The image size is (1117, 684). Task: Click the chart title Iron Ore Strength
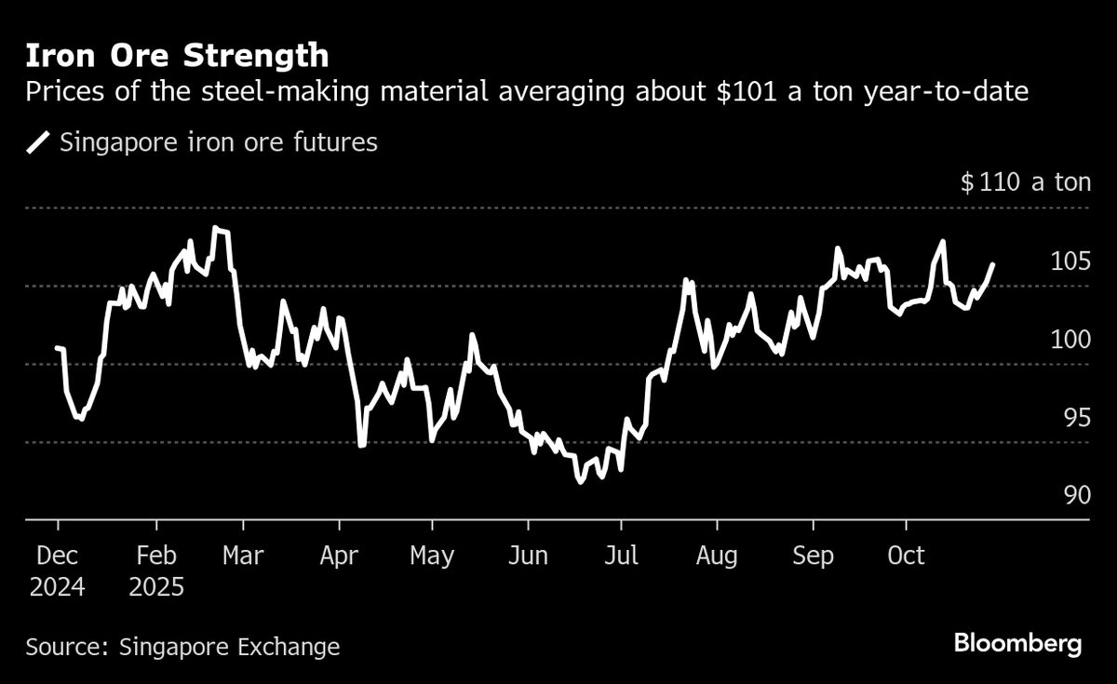coord(177,56)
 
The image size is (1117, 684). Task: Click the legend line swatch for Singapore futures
coord(39,143)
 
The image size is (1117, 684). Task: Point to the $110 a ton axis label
coord(1025,181)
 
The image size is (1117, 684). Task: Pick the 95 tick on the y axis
coord(1076,417)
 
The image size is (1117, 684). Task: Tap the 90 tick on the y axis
coord(1076,495)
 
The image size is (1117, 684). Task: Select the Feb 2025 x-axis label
coord(156,571)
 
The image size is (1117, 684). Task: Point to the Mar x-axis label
coord(243,557)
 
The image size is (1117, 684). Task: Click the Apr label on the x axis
coord(339,557)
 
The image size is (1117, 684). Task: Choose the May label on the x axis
coord(432,557)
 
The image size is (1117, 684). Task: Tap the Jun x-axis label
coord(528,557)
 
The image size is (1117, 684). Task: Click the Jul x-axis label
coord(621,557)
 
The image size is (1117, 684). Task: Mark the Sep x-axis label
coord(812,557)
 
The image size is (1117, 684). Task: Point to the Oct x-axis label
coord(905,557)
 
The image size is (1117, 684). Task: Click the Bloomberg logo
coord(1017,644)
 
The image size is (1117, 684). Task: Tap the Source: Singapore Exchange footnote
coord(182,647)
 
